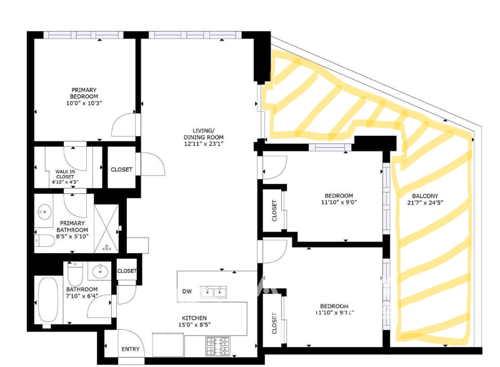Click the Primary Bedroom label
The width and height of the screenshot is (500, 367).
84,93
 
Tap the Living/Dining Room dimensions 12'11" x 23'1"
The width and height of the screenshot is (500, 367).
204,143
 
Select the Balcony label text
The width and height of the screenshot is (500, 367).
425,196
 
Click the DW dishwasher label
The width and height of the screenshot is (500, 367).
187,291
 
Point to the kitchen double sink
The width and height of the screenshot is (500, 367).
213,292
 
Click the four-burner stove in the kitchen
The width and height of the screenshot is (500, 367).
218,346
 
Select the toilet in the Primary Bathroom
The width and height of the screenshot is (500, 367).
45,241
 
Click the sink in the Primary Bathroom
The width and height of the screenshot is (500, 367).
44,211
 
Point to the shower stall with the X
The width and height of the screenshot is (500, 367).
106,229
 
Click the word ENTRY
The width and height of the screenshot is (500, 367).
131,349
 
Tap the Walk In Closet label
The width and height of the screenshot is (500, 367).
65,177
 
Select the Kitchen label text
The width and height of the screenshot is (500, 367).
194,318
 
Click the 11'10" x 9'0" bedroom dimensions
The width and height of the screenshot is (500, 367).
339,202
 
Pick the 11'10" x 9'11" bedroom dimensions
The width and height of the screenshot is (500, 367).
334,313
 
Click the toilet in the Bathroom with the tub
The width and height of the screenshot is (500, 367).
75,274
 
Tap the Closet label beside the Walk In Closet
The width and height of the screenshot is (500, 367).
121,169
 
